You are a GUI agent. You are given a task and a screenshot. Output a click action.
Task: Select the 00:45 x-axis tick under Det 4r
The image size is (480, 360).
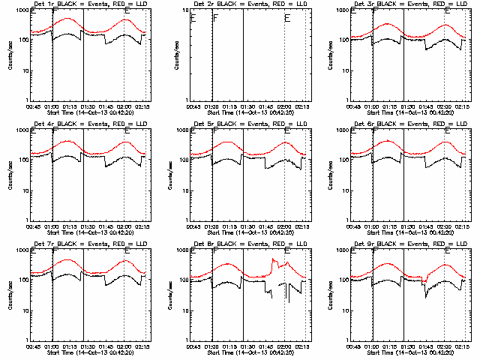[x=33, y=227]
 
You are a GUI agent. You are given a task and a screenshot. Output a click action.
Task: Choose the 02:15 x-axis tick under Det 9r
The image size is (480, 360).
[x=463, y=347]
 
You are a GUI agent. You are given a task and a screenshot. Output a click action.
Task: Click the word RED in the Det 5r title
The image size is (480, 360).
[x=281, y=124]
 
